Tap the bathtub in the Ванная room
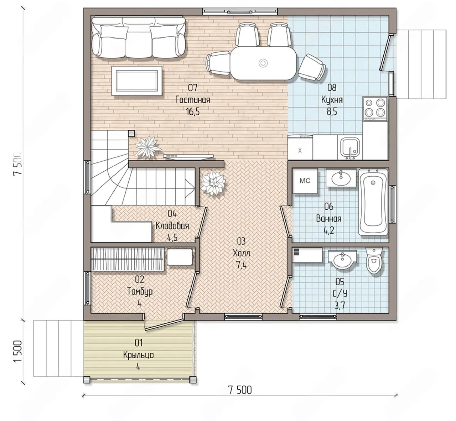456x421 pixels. [373, 202]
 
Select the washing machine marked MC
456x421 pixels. [305, 181]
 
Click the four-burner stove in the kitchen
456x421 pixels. [375, 109]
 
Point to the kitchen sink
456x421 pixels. [350, 147]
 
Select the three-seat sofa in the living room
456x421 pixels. [139, 37]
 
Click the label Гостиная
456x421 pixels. [193, 100]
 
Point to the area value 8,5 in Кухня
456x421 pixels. [332, 112]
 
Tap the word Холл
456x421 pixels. [241, 253]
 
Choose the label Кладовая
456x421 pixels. [172, 226]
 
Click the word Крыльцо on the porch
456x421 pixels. [139, 355]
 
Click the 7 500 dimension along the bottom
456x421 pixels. [240, 390]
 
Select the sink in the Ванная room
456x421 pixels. [341, 177]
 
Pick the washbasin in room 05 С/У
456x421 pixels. [343, 260]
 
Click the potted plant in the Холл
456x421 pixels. [213, 183]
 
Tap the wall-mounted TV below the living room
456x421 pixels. [188, 156]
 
